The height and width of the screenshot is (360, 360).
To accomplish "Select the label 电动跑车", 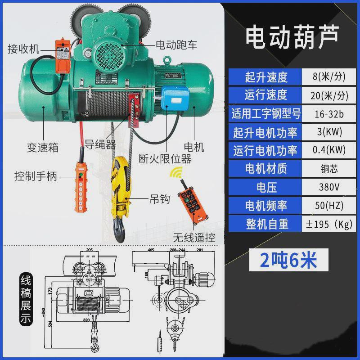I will [x=176, y=45].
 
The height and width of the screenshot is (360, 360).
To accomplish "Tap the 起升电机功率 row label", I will [x=265, y=132].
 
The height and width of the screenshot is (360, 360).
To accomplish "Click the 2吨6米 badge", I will [x=290, y=260].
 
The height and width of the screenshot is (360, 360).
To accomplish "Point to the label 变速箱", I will [x=43, y=148].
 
